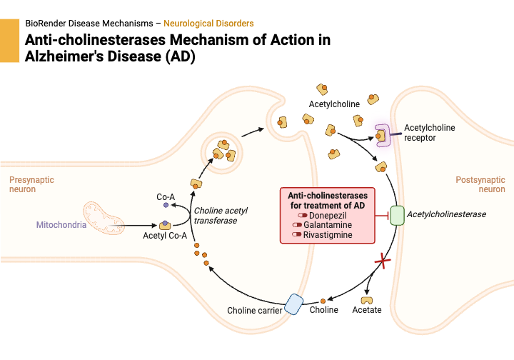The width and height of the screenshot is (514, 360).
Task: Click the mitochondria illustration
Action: tap(107, 219)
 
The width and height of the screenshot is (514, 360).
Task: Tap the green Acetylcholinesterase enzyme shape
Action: tap(397, 214)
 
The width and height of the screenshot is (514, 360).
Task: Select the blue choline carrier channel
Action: tap(294, 304)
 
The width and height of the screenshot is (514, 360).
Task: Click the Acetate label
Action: tap(367, 310)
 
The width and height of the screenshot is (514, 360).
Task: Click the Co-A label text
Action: tap(166, 196)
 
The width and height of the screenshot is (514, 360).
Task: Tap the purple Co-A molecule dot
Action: tap(166, 206)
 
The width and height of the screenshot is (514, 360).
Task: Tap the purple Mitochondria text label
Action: tap(61, 225)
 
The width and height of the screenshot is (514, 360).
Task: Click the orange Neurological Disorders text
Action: tap(208, 24)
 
